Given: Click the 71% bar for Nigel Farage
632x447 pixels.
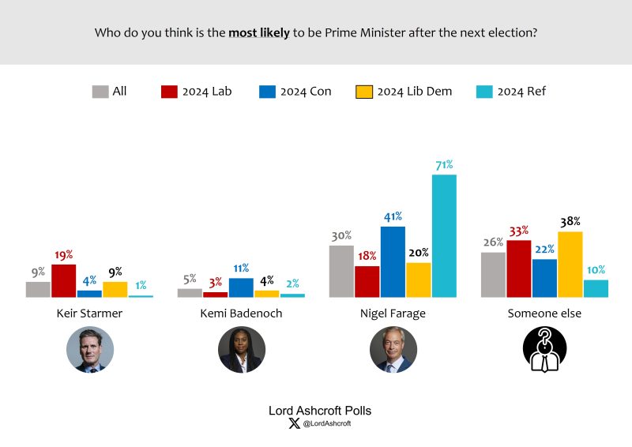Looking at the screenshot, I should point(444,236).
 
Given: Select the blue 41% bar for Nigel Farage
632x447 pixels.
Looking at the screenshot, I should point(393,262).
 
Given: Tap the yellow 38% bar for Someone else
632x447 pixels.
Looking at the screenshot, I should point(570,265).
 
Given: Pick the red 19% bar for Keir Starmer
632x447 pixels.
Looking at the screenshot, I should point(63,281).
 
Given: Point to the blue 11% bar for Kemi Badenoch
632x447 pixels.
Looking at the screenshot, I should point(241,287).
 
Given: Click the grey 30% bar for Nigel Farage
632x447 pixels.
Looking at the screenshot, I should point(341,272).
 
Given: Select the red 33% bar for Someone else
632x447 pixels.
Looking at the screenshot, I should point(519,269).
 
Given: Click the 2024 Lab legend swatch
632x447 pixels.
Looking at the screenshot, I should point(169,92).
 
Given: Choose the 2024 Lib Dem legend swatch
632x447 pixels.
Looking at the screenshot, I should point(363,92).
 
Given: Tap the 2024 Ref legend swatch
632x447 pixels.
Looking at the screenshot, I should point(484,92).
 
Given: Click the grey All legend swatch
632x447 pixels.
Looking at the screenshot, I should point(100,92).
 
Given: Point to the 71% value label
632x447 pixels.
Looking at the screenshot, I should point(443,164).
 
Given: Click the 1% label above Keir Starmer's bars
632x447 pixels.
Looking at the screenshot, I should point(141,285).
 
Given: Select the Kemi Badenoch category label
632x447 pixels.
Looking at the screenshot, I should point(241,314).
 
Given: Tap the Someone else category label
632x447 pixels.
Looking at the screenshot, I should point(544,314).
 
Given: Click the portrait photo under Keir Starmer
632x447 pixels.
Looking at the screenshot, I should point(90,350).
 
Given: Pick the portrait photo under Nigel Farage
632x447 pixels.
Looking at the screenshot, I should point(393,350).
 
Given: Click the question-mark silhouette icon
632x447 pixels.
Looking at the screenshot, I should point(544,350).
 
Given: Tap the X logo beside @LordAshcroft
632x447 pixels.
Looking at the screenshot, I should point(295,424).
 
